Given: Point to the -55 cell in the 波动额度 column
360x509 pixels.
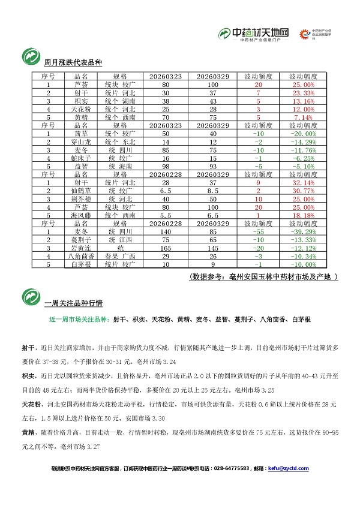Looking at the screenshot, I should [x=258, y=231].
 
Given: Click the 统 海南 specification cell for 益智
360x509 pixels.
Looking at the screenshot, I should [x=120, y=166].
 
